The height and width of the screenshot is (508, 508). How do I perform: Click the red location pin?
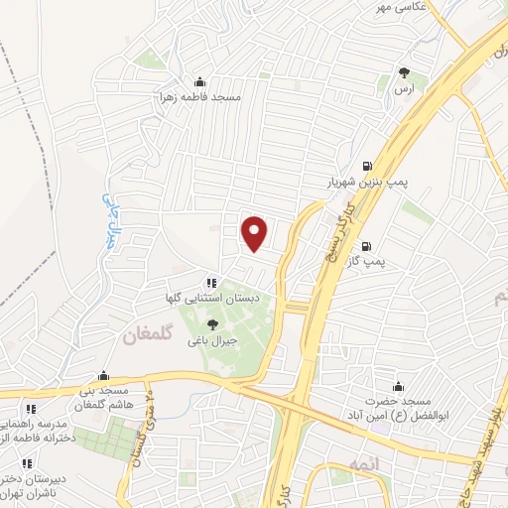point(255,233)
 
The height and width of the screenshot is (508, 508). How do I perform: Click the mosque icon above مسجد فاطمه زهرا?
point(201,82)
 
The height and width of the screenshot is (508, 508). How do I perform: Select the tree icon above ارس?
point(404,72)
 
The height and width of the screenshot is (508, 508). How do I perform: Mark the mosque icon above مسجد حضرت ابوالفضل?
point(399,386)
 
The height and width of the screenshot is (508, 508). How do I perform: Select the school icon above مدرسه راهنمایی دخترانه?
point(32,409)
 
